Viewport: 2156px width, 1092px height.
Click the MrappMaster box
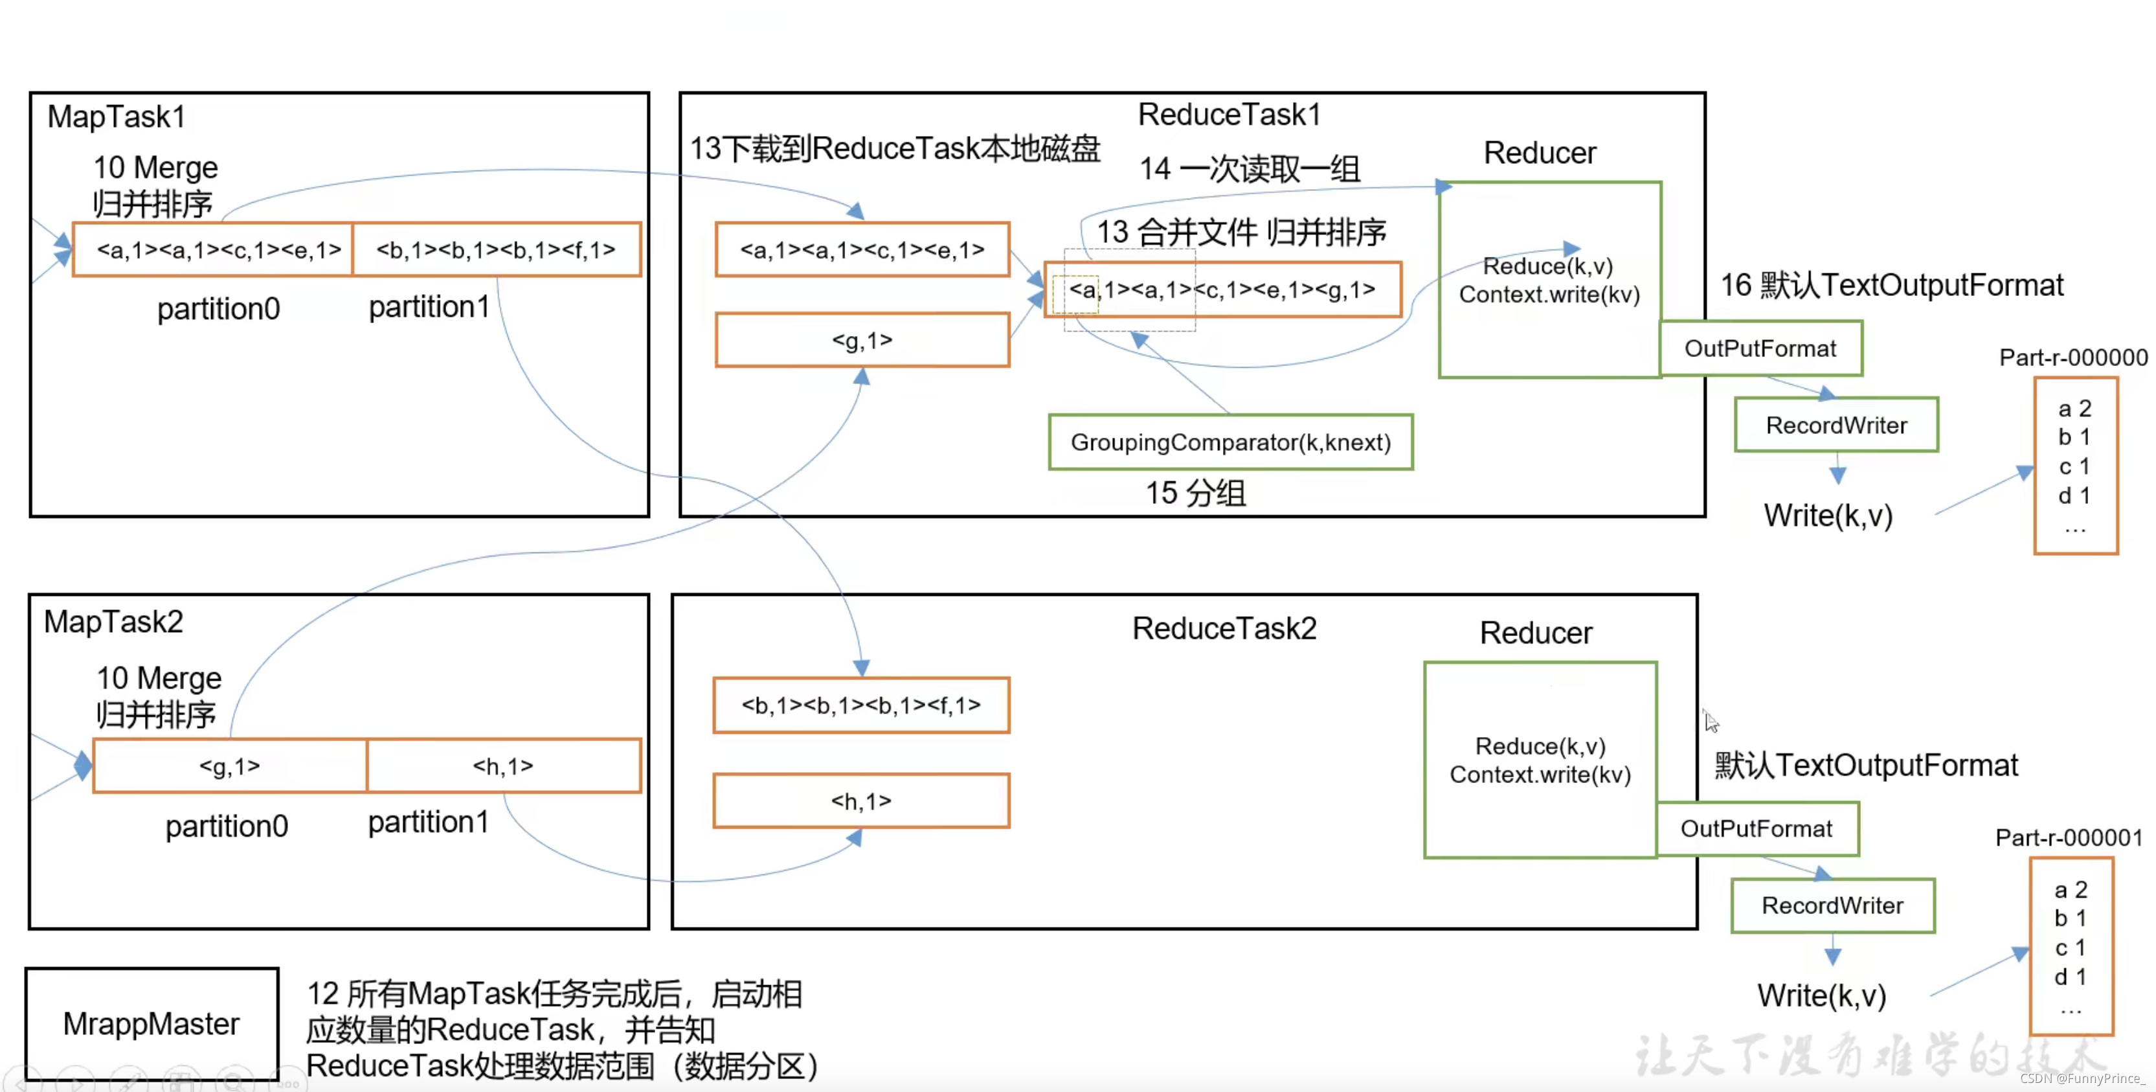coord(152,1023)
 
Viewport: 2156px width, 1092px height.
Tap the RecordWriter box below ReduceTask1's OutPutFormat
coord(1836,425)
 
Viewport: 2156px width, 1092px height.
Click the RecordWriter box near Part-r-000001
coord(1832,905)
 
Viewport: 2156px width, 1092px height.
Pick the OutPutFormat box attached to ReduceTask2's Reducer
coord(1757,828)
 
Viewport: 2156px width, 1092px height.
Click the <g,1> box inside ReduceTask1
coord(862,340)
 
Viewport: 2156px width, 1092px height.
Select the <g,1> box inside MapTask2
coord(230,766)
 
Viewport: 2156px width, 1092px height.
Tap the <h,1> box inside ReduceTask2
coord(861,801)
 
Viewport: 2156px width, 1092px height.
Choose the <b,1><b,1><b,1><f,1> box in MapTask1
coord(497,249)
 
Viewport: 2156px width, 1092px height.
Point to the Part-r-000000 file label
coord(2073,358)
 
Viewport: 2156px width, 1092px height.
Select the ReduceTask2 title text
coord(1224,628)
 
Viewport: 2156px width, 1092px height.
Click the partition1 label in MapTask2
coord(428,823)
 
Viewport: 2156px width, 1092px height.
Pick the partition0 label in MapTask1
coord(218,309)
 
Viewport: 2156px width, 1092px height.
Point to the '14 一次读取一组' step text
coord(1249,169)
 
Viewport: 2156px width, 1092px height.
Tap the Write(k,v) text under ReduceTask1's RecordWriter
coord(1828,515)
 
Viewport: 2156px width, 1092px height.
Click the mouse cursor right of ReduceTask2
coord(1711,720)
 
